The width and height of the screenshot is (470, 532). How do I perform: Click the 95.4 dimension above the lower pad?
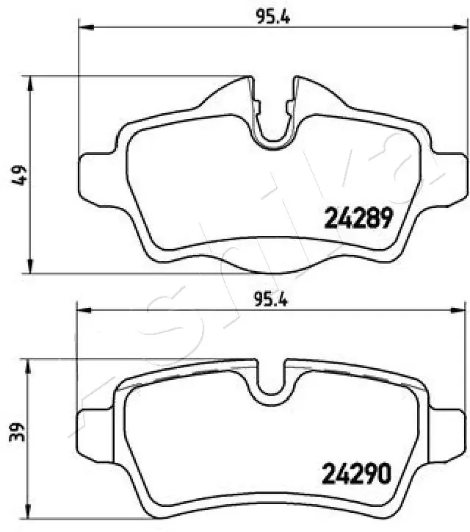coord(271,298)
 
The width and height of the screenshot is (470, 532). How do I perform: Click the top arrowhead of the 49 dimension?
coord(29,81)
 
